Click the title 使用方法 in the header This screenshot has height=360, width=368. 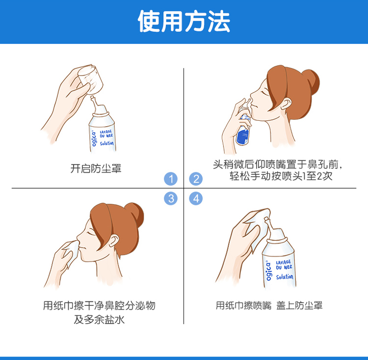pos(184,21)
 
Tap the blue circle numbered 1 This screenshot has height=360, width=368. pos(171,179)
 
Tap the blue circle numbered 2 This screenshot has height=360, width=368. pos(196,179)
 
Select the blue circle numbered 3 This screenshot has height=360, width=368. pos(171,198)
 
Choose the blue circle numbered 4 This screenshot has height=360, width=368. pos(196,198)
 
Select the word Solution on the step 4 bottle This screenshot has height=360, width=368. pos(285,277)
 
